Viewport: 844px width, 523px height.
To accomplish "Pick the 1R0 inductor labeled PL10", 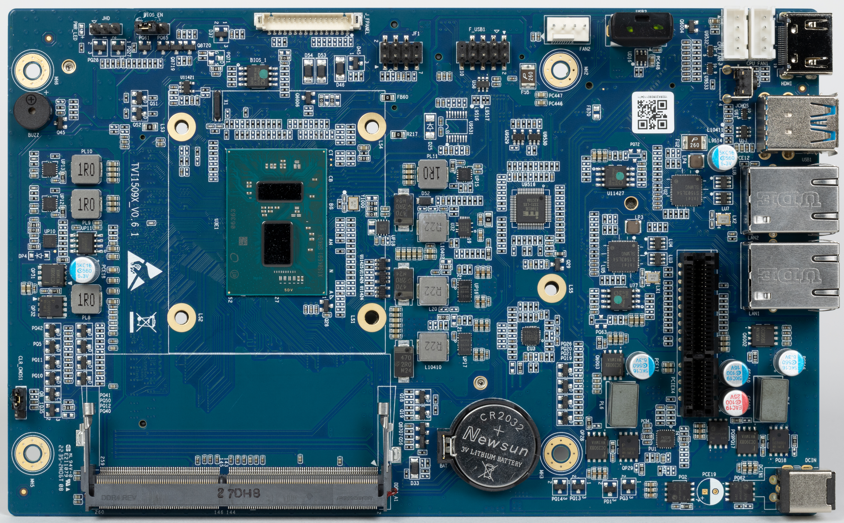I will point(86,169).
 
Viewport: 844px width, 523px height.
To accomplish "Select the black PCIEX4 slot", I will point(699,334).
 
